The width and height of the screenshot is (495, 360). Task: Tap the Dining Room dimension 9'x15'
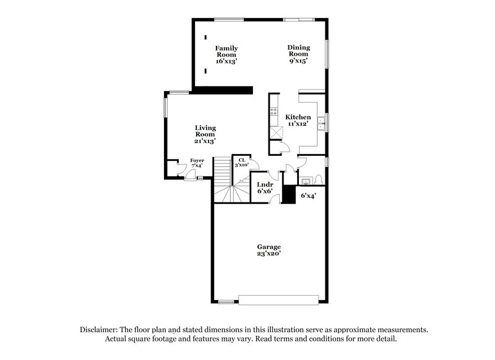[298, 61]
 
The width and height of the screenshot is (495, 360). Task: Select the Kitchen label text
[298, 117]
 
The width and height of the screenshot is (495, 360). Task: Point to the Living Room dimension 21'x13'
[205, 141]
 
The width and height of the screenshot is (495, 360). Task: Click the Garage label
[269, 247]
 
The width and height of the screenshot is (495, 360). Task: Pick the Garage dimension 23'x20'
[269, 254]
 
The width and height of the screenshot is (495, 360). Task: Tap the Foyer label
[197, 161]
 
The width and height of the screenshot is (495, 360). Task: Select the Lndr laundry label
[265, 184]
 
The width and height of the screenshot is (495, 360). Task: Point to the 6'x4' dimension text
[308, 196]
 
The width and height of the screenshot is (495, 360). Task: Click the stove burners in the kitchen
[273, 113]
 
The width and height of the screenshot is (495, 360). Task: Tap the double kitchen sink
[322, 122]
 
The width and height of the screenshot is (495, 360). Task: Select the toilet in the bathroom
[318, 180]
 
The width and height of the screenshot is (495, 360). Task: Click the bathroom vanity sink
[305, 181]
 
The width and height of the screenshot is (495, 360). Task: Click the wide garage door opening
[280, 301]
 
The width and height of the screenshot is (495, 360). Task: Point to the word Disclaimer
[100, 330]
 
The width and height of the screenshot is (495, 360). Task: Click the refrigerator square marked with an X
[275, 132]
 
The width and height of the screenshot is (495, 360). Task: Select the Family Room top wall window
[228, 19]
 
